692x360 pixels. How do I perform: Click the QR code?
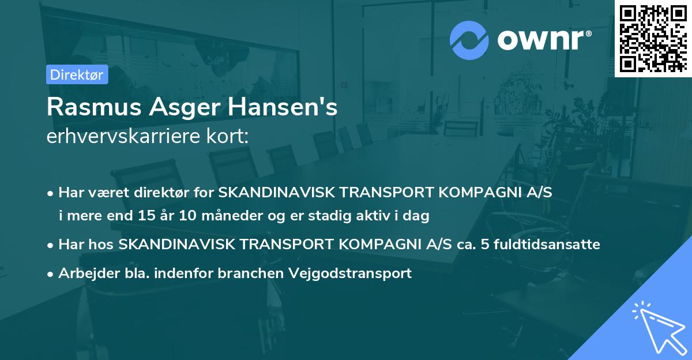(653, 38)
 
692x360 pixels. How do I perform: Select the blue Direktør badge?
(77, 74)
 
